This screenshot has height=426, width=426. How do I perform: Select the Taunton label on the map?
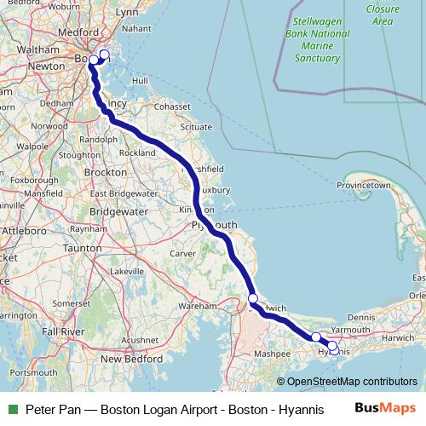83,247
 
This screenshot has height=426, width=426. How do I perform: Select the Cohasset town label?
171,106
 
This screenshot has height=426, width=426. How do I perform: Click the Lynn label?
126,13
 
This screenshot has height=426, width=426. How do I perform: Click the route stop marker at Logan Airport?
105,55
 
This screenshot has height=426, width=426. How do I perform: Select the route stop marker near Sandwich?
253,298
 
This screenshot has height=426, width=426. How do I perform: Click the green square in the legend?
12,409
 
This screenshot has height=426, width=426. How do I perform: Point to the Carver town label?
183,254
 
